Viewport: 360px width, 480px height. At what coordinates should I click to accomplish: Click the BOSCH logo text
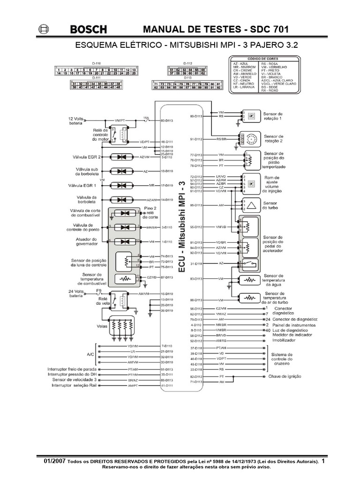(88, 30)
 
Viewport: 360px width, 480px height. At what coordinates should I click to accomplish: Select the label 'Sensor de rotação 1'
(273, 116)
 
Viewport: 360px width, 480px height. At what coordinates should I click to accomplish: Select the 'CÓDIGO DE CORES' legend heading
(263, 59)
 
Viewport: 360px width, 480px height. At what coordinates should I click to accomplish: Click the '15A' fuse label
(146, 118)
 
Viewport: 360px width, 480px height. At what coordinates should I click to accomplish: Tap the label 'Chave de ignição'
(285, 376)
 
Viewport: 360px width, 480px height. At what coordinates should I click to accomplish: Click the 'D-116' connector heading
(96, 63)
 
